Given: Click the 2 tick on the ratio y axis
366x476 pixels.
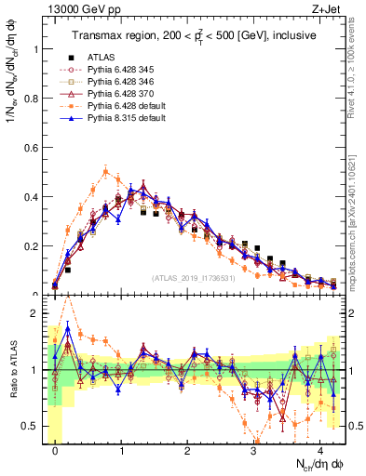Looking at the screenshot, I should click(37, 313).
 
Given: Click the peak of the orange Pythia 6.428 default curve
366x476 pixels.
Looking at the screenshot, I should click(106, 171).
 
